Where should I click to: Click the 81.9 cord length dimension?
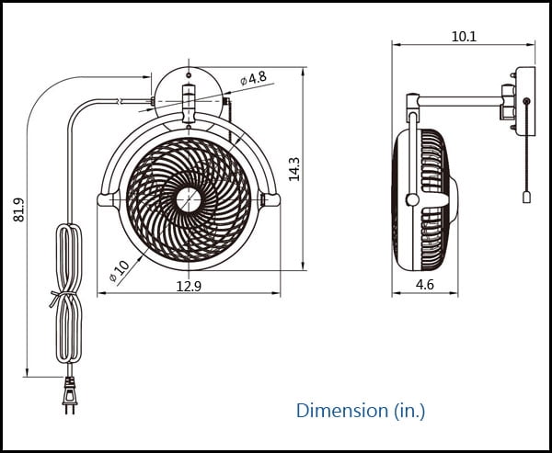[x=19, y=210]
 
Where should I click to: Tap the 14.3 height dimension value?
[x=294, y=169]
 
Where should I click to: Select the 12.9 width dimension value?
[x=189, y=287]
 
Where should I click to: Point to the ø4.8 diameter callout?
[x=254, y=78]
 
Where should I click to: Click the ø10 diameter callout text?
[x=120, y=271]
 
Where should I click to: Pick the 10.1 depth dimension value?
[x=464, y=37]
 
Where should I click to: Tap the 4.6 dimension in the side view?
[x=425, y=285]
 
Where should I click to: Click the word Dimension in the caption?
[x=342, y=410]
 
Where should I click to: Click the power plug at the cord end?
[x=70, y=395]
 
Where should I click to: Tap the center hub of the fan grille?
[x=189, y=199]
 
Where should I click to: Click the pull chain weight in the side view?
[x=526, y=198]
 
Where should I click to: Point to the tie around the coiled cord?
[x=63, y=297]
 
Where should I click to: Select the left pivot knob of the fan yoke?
[x=106, y=199]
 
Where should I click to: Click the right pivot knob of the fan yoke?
[x=271, y=199]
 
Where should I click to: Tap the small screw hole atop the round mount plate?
[x=189, y=75]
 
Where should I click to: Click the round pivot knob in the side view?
[x=412, y=199]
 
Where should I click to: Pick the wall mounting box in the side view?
[x=525, y=101]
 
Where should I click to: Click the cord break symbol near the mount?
[x=120, y=101]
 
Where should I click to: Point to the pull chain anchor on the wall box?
[x=526, y=101]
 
